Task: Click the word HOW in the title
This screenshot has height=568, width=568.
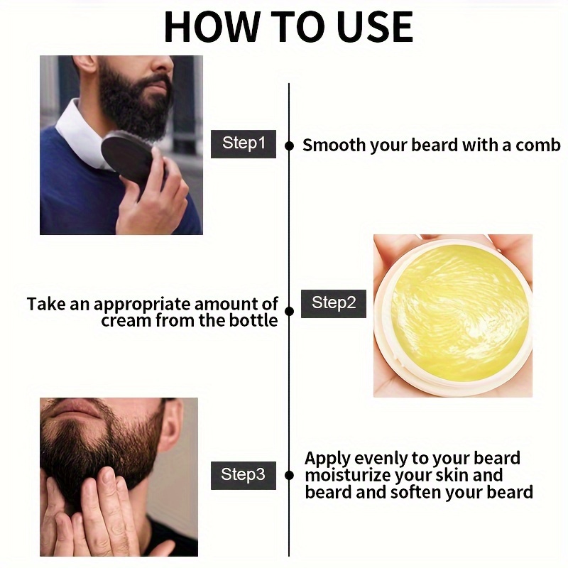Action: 212,27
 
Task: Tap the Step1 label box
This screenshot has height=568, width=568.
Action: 244,144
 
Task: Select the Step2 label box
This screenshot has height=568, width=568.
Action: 334,304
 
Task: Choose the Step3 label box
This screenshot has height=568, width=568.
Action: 244,475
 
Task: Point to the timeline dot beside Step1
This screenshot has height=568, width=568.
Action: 289,146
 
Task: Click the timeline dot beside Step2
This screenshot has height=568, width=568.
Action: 289,311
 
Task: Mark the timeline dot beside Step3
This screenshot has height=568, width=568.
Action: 289,475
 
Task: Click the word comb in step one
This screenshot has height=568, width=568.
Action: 538,146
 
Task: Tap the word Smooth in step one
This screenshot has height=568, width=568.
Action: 334,146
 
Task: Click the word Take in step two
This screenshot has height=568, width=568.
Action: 46,304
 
